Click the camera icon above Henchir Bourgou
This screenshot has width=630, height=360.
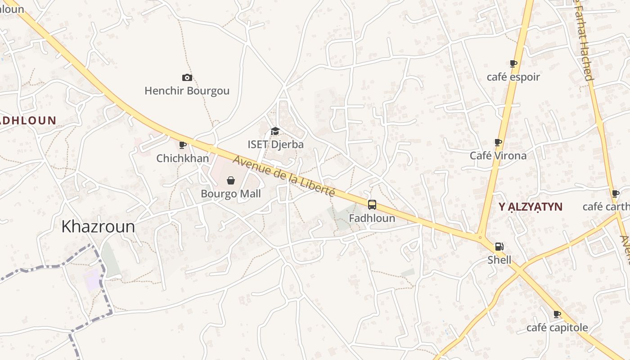pos(187,78)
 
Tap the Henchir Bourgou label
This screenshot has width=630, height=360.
pos(187,91)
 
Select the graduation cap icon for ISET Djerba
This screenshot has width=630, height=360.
pos(275,131)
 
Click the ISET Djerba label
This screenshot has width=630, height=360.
pos(275,144)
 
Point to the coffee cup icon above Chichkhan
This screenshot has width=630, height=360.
pos(183,145)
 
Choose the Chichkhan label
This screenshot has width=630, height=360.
pos(183,158)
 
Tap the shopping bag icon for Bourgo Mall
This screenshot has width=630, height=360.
pos(231,180)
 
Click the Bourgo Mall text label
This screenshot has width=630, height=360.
pos(231,194)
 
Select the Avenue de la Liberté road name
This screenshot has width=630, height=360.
pos(284,176)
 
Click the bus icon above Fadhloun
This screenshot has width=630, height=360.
pos(372,205)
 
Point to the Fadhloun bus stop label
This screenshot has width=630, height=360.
pos(372,218)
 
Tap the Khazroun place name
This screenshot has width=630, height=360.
pos(98,226)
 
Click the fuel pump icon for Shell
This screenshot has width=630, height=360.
pos(499,247)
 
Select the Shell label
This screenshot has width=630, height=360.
pos(499,260)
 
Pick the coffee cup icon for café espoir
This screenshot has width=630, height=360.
pos(513,64)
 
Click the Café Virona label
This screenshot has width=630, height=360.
pos(498,156)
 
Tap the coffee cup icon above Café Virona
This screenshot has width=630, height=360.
pos(498,143)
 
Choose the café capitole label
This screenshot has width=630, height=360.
pos(557,328)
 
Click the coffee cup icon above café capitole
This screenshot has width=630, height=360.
pos(557,314)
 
